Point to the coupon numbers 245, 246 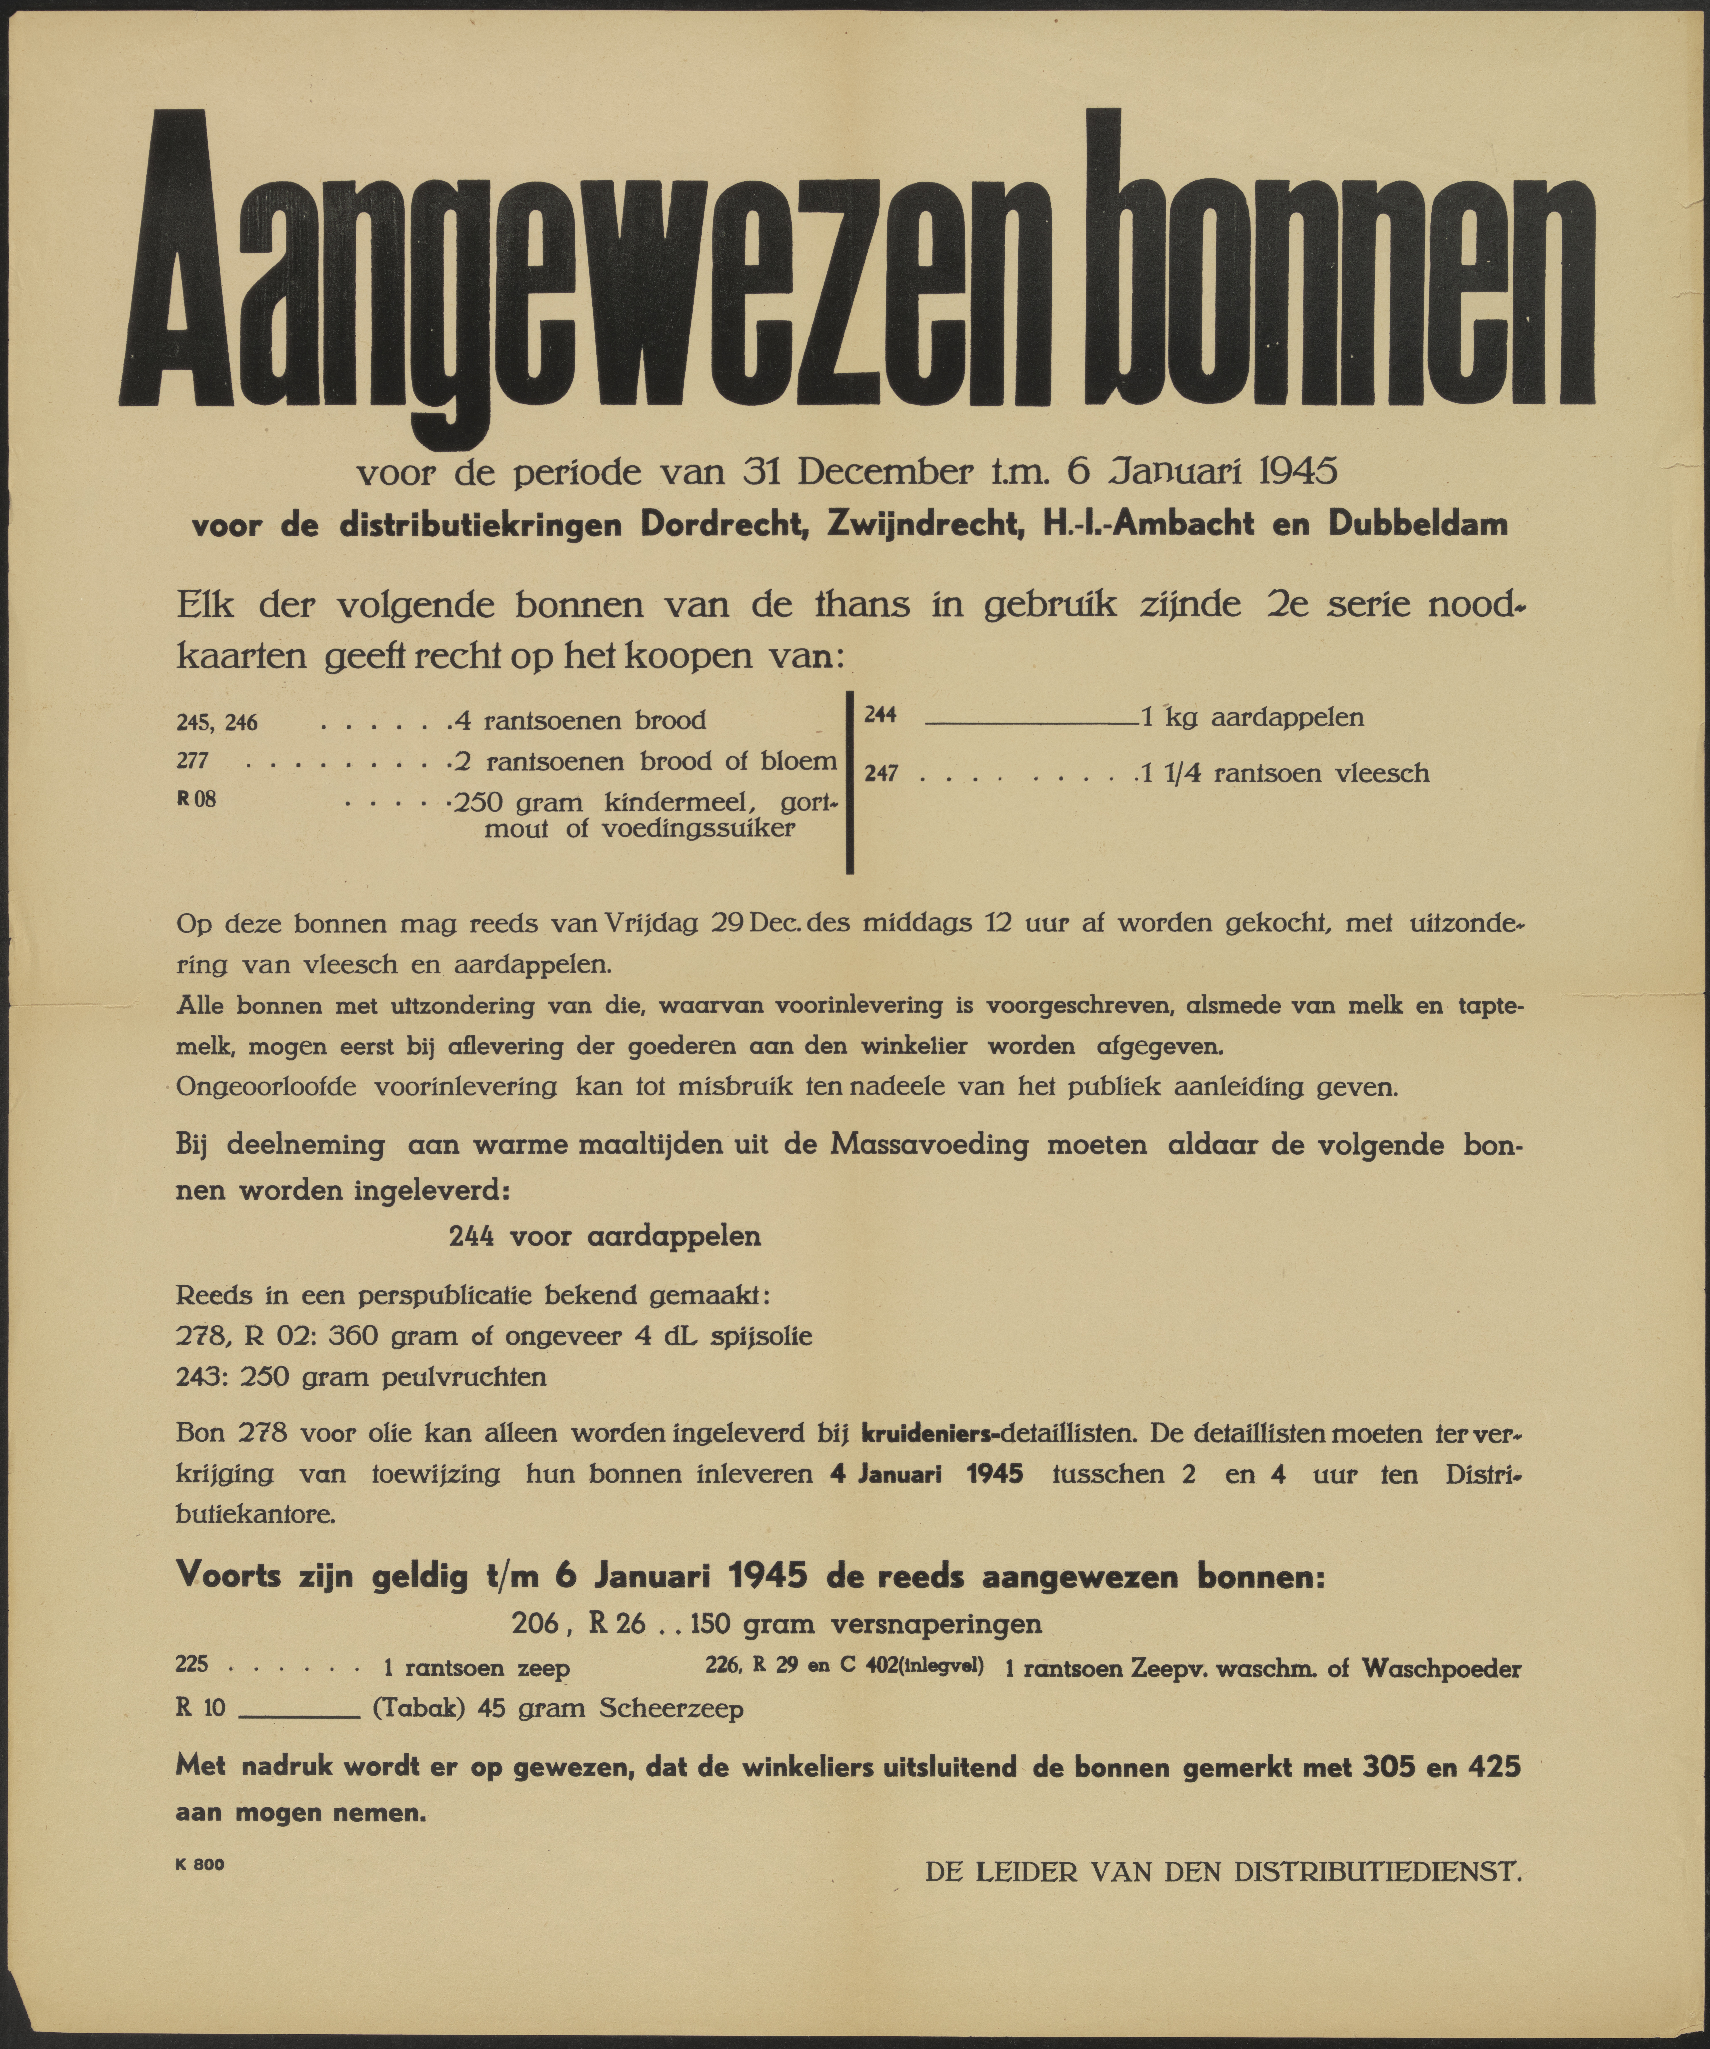217,722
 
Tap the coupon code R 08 196,799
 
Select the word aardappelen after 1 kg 1287,718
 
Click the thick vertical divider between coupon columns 851,781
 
